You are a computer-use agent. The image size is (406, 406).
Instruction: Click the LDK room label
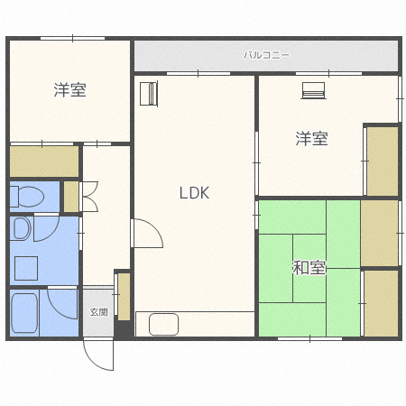[x=194, y=193]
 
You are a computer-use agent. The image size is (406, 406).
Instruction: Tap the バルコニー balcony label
[x=266, y=55]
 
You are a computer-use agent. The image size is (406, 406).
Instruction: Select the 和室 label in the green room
[x=309, y=268]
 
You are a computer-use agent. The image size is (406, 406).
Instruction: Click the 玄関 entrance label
[x=98, y=312]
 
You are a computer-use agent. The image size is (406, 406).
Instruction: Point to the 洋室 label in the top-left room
[x=70, y=89]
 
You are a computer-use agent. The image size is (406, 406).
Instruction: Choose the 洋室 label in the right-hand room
[x=311, y=138]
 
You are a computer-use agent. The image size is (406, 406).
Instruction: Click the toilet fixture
[x=27, y=197]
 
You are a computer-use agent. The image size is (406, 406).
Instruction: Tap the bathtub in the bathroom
[x=24, y=313]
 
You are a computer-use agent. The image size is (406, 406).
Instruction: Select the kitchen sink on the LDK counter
[x=163, y=324]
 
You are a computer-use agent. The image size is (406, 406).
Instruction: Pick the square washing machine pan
[x=26, y=268]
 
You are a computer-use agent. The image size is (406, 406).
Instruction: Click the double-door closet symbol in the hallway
[x=89, y=197]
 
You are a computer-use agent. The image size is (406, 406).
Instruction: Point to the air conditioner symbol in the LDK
[x=149, y=93]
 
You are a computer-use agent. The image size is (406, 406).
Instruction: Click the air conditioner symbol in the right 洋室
[x=314, y=90]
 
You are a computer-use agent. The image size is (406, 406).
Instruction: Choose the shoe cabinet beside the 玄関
[x=124, y=297]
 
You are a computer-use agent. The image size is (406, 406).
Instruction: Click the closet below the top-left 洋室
[x=44, y=161]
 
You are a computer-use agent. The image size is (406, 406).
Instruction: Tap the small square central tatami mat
[x=309, y=268]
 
